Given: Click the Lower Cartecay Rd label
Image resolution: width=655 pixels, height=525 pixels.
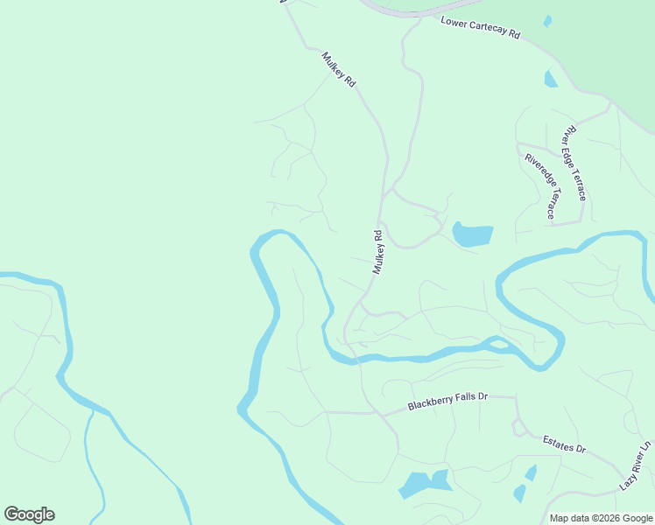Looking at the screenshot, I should pyautogui.click(x=481, y=28).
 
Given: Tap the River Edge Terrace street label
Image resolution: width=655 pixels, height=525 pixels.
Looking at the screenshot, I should pyautogui.click(x=574, y=163).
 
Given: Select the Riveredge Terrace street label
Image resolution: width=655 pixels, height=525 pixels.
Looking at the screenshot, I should pyautogui.click(x=539, y=186).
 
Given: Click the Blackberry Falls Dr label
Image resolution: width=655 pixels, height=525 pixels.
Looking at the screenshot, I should pyautogui.click(x=447, y=402).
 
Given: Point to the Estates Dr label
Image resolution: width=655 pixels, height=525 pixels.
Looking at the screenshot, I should pyautogui.click(x=563, y=444).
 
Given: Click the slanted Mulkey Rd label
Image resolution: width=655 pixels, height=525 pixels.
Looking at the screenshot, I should pyautogui.click(x=339, y=69).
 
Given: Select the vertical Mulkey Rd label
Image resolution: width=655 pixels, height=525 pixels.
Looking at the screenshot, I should pyautogui.click(x=378, y=252).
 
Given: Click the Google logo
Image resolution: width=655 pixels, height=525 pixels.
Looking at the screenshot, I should pyautogui.click(x=29, y=514).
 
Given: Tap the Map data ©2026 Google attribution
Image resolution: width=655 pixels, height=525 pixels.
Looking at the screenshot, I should pyautogui.click(x=602, y=518).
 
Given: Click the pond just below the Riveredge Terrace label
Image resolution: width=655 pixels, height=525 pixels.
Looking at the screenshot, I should pyautogui.click(x=473, y=234).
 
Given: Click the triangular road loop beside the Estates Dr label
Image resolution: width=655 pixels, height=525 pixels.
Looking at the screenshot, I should pyautogui.click(x=518, y=427).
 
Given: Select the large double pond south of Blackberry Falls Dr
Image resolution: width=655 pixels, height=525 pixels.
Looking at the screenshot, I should pyautogui.click(x=424, y=483).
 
